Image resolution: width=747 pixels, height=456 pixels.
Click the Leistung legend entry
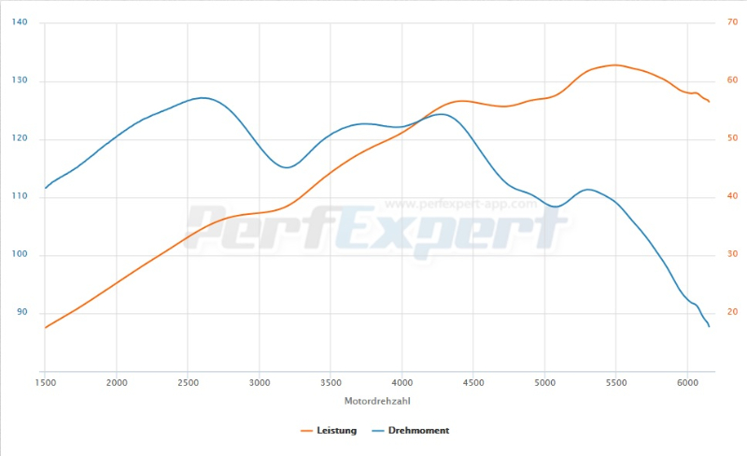pyautogui.click(x=331, y=431)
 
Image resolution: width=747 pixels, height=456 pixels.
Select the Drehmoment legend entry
pyautogui.click(x=411, y=431)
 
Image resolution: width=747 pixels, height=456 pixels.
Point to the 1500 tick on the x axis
pyautogui.click(x=45, y=383)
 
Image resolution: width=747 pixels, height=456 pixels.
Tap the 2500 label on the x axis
pyautogui.click(x=188, y=383)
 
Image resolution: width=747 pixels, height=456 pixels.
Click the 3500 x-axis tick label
pyautogui.click(x=331, y=383)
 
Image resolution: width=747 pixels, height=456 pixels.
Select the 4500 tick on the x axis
pyautogui.click(x=473, y=383)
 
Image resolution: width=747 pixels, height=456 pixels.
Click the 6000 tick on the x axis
pyautogui.click(x=687, y=383)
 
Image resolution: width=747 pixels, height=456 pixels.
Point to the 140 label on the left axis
pyautogui.click(x=20, y=22)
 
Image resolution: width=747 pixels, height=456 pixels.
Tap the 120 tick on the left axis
pyautogui.click(x=20, y=139)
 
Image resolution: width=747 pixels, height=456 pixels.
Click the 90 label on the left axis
pyautogui.click(x=21, y=313)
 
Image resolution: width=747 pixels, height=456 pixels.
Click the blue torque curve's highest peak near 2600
pyautogui.click(x=202, y=97)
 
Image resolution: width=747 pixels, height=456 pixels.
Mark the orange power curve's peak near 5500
pyautogui.click(x=615, y=65)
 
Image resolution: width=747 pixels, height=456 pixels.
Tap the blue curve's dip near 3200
pyautogui.click(x=288, y=167)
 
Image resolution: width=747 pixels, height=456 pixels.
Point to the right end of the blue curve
pyautogui.click(x=710, y=326)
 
